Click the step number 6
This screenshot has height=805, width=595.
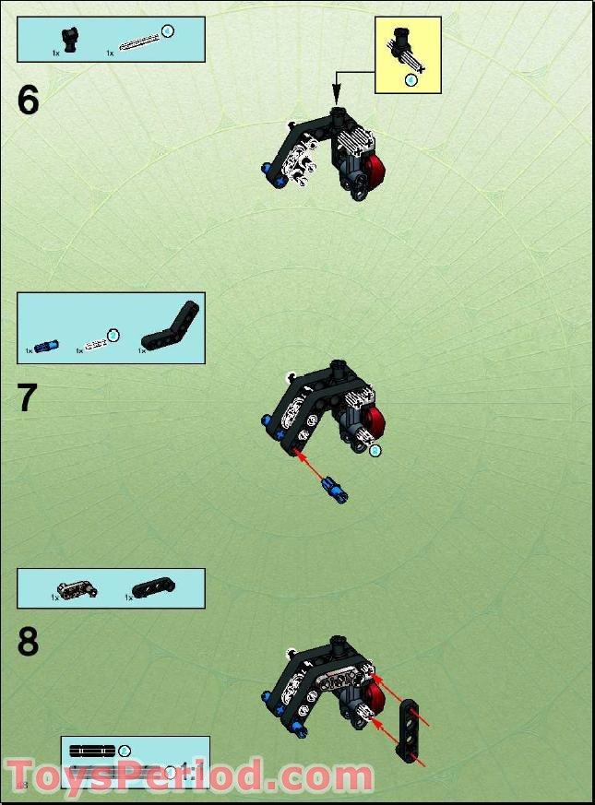[29, 100]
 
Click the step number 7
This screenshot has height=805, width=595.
[28, 398]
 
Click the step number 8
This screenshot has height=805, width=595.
[28, 642]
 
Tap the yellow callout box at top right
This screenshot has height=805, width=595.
[407, 56]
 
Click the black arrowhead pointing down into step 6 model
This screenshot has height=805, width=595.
[337, 95]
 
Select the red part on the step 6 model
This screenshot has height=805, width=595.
[375, 172]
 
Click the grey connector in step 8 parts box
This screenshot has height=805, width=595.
[75, 588]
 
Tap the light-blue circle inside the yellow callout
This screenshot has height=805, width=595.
[411, 80]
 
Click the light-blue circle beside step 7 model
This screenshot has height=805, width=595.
[375, 451]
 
